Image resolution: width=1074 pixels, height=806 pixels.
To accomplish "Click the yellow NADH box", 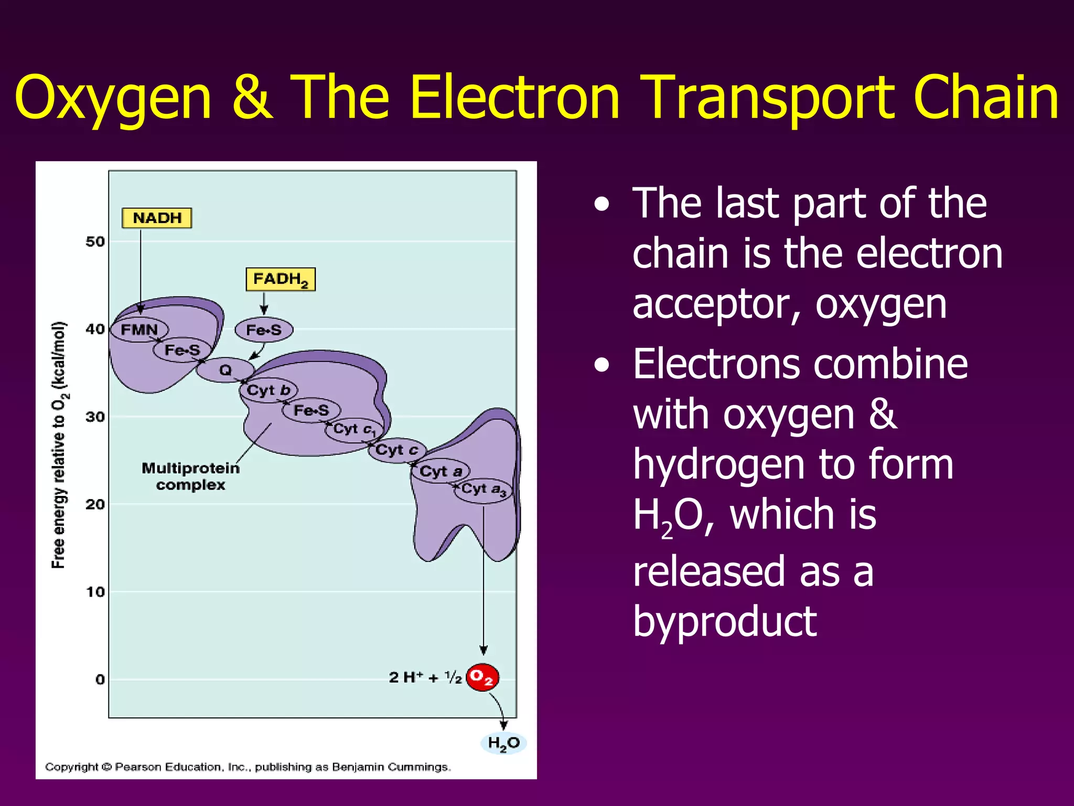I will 157,218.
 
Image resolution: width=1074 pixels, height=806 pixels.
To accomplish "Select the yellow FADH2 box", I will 281,279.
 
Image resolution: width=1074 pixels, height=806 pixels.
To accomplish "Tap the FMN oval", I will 139,330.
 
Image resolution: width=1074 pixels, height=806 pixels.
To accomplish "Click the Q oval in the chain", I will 225,370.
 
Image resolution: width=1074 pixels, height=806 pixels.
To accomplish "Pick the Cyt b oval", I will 268,390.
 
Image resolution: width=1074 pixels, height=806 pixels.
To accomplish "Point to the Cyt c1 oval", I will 355,430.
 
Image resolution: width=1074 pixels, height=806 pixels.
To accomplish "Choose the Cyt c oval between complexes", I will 396,450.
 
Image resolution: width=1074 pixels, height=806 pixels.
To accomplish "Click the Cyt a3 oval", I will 483,490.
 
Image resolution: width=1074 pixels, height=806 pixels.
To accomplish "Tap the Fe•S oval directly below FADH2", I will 264,330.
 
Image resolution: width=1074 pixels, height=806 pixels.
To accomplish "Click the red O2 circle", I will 482,677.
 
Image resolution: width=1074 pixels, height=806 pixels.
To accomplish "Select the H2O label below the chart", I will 503,743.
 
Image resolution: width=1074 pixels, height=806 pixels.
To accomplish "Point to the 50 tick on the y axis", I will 95,242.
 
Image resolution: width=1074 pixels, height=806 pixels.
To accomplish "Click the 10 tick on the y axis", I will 95,592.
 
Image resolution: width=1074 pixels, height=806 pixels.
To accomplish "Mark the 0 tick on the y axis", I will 100,680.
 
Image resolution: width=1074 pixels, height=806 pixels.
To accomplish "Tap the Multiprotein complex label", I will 190,476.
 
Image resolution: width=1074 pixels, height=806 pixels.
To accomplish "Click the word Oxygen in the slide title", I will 113,98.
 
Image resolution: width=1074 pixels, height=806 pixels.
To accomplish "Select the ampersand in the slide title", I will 252,98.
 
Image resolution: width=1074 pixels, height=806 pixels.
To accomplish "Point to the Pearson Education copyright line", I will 248,767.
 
